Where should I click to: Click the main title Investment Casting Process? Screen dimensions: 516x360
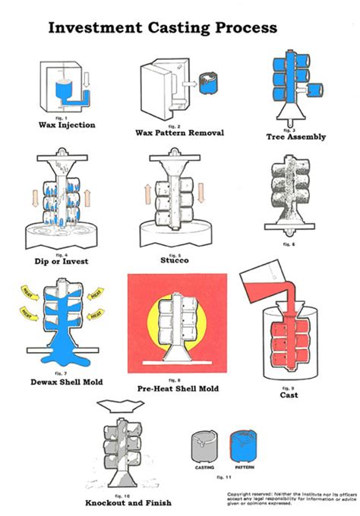(x=163, y=27)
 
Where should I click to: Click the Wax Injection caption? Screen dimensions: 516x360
(x=68, y=125)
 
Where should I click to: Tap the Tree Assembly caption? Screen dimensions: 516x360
(x=296, y=137)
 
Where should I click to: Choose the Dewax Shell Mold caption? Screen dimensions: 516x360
(x=68, y=382)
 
